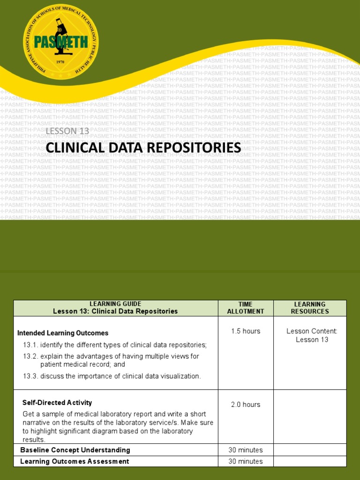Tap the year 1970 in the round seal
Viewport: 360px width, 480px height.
click(60, 62)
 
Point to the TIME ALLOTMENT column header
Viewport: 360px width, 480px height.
click(245, 307)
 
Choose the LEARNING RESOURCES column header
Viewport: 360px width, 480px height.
click(310, 307)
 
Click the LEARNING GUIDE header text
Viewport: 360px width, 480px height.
click(115, 304)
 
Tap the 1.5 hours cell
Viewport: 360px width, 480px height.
click(245, 331)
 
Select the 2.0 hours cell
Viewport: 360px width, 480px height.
click(245, 405)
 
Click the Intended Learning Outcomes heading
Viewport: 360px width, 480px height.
click(63, 333)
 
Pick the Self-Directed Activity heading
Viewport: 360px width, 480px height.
click(57, 403)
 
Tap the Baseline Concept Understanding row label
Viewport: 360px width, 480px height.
click(75, 450)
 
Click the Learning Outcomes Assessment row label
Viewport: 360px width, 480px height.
click(75, 461)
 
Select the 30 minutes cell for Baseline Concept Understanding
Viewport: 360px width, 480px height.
click(245, 450)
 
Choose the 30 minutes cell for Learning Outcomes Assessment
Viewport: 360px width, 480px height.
click(245, 461)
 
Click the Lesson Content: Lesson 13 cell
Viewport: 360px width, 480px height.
click(312, 335)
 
